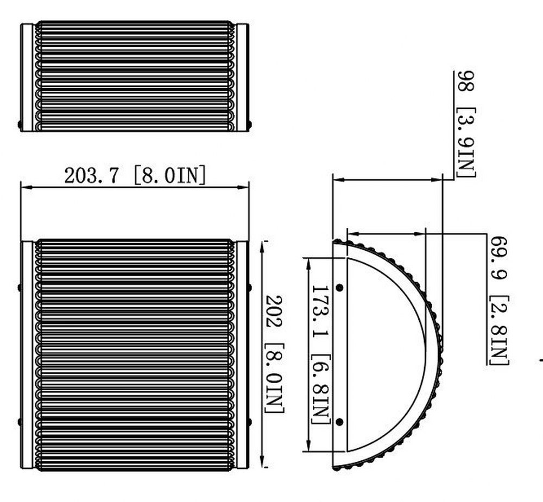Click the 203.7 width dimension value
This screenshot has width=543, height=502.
91,175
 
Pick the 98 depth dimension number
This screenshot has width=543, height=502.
466,81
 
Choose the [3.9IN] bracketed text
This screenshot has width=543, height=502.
466,142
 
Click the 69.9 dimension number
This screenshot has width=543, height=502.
499,258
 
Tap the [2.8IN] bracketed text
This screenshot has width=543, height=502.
499,331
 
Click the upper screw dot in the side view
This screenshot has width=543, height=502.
340,287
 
